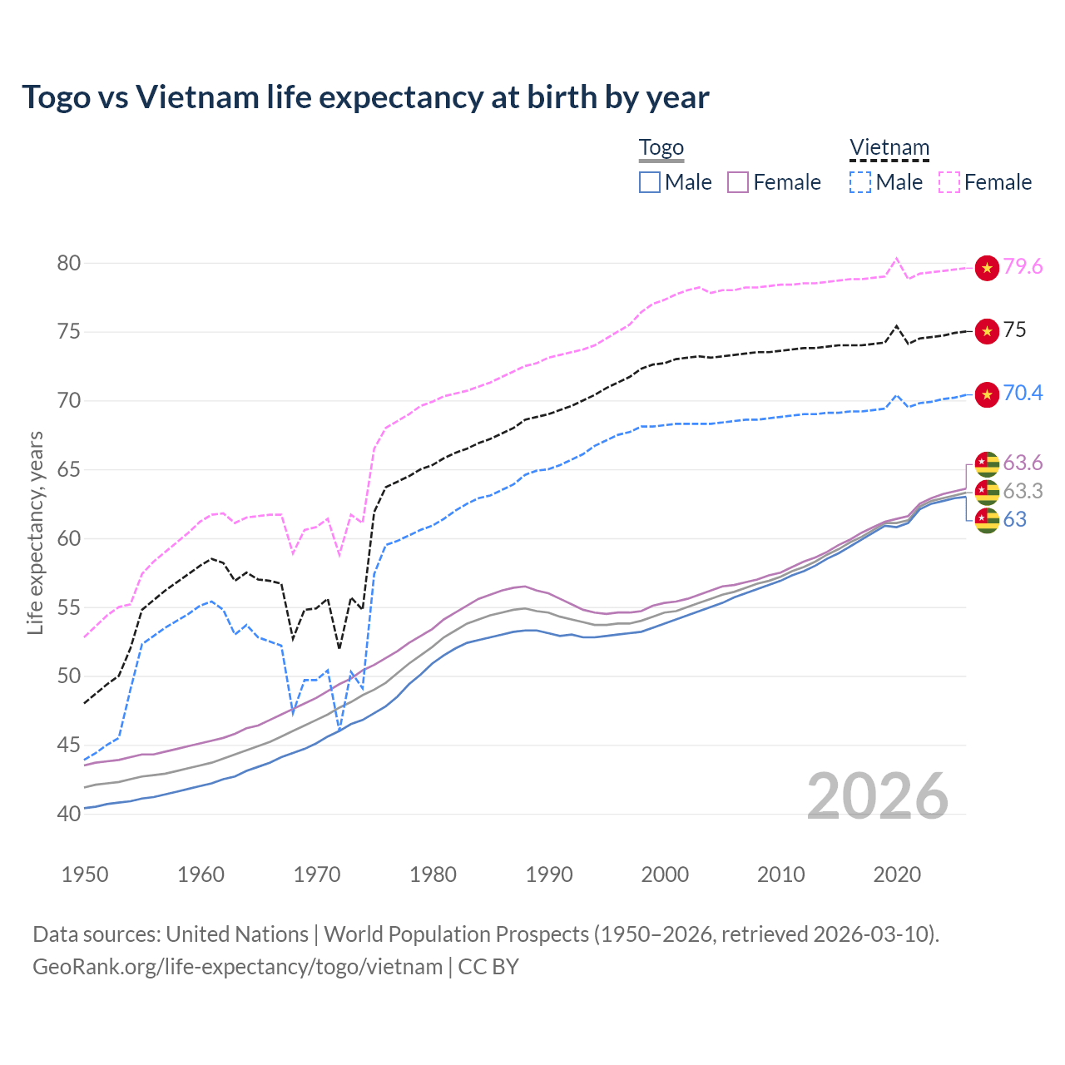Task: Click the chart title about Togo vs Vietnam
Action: click(365, 97)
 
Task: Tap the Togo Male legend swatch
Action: click(650, 182)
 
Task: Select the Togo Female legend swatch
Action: click(738, 182)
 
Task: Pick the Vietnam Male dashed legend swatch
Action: click(860, 182)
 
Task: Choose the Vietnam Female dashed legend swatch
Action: click(949, 182)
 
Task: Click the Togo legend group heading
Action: click(661, 148)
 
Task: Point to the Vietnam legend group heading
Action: click(889, 148)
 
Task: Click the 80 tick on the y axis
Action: click(69, 264)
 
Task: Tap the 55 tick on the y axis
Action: click(69, 608)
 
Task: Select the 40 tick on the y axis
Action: click(69, 815)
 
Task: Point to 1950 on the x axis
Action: click(85, 874)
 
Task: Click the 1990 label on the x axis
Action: click(549, 874)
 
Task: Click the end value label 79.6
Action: click(1023, 267)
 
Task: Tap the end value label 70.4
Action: click(1023, 394)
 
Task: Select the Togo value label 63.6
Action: click(1023, 463)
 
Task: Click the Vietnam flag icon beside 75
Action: click(987, 331)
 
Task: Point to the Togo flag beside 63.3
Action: click(987, 492)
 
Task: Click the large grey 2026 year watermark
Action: click(877, 796)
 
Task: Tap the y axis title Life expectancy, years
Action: click(36, 532)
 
